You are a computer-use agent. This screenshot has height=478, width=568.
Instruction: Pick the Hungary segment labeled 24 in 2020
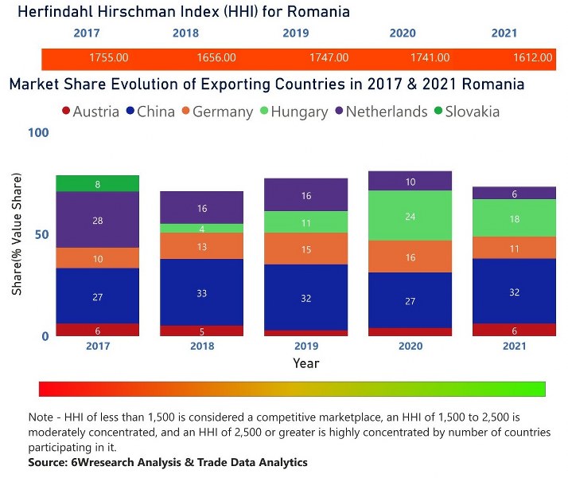click(x=410, y=216)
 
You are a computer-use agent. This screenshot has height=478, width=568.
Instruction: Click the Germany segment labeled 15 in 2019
click(x=305, y=249)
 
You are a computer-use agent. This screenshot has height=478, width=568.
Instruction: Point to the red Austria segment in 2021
click(x=514, y=330)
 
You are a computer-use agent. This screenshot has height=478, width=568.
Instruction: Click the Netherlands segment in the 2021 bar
click(x=514, y=193)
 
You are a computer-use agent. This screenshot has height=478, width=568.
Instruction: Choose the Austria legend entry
click(x=90, y=112)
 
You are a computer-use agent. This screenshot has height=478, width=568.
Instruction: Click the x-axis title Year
click(x=305, y=363)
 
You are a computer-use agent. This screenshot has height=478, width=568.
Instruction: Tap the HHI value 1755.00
click(x=109, y=57)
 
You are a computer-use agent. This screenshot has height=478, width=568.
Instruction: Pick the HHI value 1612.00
click(x=532, y=57)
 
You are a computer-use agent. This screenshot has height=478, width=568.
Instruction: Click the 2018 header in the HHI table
click(x=185, y=33)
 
